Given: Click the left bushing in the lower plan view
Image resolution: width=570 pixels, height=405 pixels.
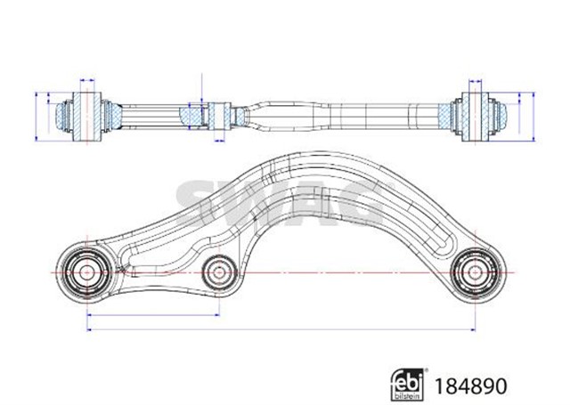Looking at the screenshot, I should click(87, 270).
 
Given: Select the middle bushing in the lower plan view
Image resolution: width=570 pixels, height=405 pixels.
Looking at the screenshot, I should click(216, 272).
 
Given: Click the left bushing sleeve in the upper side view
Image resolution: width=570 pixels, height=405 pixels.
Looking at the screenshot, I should click(86, 114).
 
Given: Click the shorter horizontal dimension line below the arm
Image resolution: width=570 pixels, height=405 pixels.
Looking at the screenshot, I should click(151, 313).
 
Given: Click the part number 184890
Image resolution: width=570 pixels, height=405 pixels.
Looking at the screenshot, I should click(471, 386).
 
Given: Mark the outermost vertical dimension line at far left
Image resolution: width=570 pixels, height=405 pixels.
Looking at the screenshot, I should click(35, 115).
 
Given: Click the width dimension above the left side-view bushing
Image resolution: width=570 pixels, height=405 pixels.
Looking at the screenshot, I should click(86, 82).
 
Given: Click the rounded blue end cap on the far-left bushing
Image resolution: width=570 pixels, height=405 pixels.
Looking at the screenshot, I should click(63, 115).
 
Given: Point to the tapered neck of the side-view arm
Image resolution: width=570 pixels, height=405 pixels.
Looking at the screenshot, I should click(258, 114).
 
